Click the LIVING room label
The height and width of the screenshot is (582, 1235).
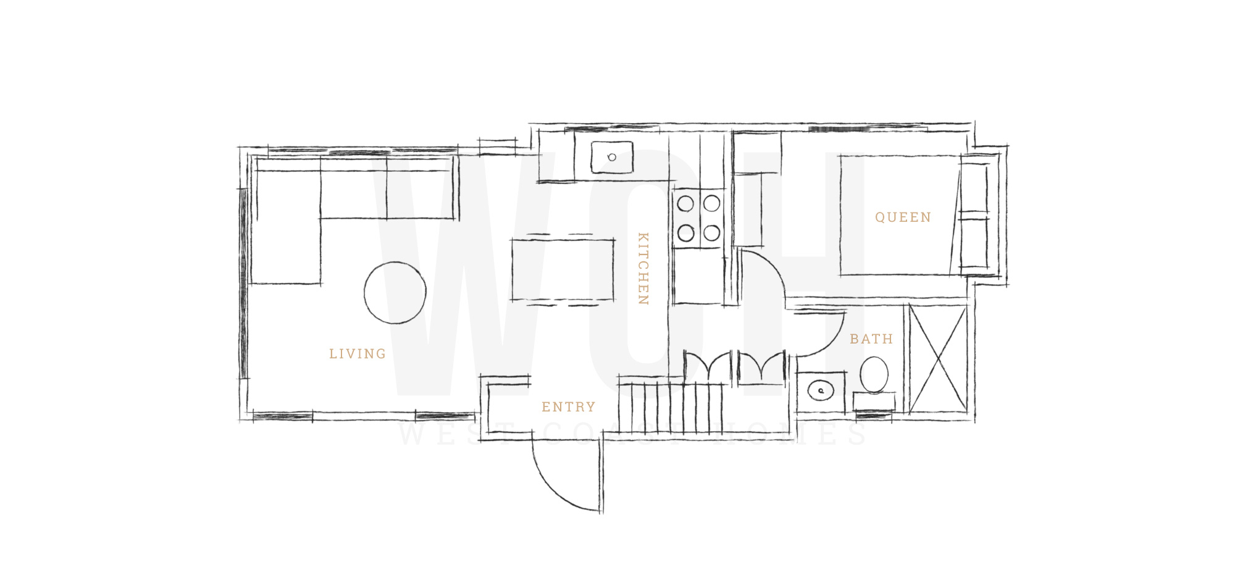(358, 354)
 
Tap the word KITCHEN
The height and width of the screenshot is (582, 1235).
(643, 269)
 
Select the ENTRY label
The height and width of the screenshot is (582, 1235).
(569, 407)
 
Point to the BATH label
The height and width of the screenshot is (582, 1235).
(871, 339)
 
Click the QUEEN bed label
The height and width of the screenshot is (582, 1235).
(903, 217)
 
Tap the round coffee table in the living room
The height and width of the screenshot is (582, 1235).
(395, 293)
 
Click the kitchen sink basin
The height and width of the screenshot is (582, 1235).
(612, 158)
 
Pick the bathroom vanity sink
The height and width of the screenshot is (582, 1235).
(821, 390)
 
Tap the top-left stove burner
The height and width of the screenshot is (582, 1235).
(685, 203)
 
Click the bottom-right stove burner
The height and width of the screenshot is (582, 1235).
(712, 233)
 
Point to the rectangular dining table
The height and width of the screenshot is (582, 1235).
(563, 270)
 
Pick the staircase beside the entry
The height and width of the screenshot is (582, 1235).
(671, 407)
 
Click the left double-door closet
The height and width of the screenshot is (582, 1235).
(708, 366)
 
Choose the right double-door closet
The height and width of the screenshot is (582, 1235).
(762, 366)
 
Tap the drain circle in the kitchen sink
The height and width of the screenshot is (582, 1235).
(612, 158)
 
